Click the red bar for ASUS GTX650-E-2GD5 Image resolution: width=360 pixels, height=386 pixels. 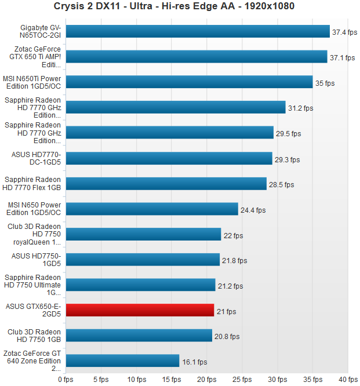pos(140,310)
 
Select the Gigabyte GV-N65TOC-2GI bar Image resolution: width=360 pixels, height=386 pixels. pos(198,31)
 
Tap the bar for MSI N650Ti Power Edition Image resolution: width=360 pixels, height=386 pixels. pos(189,82)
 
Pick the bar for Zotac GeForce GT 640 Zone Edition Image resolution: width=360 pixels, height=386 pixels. pos(122,360)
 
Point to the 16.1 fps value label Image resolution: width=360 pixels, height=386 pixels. pos(194,362)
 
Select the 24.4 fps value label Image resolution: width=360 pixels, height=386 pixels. pos(253,210)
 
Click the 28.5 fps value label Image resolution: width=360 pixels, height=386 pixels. pos(282,185)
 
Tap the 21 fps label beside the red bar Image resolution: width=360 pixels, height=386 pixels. pos(226,312)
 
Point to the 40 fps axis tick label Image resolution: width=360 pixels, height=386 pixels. pos(348,380)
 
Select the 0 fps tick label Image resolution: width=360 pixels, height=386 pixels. pos(66,380)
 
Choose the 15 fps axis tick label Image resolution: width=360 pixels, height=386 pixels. pos(172,380)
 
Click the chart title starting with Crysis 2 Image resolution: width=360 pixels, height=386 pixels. pos(180,7)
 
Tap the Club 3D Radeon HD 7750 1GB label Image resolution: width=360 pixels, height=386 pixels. pos(34,336)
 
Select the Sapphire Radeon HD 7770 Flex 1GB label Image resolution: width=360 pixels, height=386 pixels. pos(34,184)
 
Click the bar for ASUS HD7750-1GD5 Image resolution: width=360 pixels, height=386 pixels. pos(143,260)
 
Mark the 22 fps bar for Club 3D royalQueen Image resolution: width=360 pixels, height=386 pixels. pos(143,234)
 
